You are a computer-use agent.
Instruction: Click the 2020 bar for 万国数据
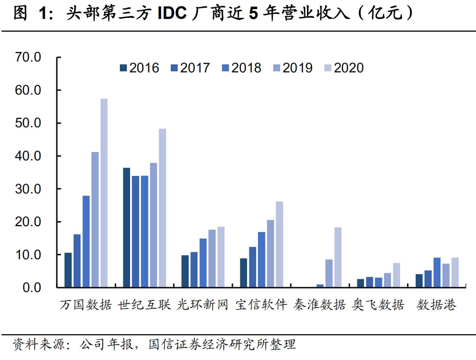[x=104, y=193]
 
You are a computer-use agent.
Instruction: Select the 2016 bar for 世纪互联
[x=127, y=227]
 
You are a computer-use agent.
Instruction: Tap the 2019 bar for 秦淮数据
[x=329, y=273]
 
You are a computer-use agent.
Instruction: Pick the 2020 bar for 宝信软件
[x=279, y=244]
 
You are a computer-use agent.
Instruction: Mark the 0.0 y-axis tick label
[x=31, y=287]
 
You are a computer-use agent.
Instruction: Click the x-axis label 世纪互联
[x=144, y=305]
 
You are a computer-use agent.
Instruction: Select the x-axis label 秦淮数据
[x=320, y=305]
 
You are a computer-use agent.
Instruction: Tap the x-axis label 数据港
[x=436, y=305]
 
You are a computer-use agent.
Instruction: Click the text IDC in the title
[x=172, y=14]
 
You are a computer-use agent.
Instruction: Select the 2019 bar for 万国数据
[x=95, y=219]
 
